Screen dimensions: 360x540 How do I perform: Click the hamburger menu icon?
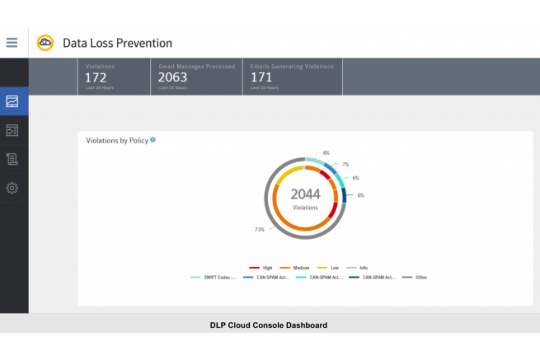pos(12,43)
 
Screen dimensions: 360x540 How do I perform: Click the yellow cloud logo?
pos(45,43)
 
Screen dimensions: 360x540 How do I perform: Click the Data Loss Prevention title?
pos(117,43)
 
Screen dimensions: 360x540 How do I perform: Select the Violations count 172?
pos(96,78)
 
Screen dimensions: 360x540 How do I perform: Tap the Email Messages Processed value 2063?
pos(173,77)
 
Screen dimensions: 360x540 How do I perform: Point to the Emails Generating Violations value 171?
pos(261,77)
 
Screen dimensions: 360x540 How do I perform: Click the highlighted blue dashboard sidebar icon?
pos(12,101)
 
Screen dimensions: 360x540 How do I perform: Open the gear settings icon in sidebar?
pos(12,188)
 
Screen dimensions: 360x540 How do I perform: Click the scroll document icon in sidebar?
pos(12,159)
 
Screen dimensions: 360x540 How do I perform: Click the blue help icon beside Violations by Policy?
pos(153,140)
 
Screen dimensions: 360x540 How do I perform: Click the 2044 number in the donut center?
pos(305,194)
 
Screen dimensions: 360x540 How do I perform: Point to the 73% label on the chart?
pos(259,229)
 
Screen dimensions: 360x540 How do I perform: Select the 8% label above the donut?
pos(326,153)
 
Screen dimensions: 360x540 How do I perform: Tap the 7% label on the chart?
pos(346,164)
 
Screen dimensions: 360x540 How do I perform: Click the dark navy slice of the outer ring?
pos(344,196)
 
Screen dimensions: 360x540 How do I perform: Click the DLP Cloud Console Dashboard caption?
pos(269,325)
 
